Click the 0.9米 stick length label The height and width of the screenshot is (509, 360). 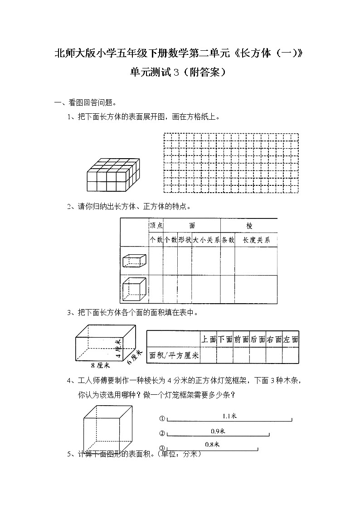pos(218,430)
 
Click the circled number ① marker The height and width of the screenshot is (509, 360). pos(162,419)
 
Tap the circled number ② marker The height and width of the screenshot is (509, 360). pos(162,433)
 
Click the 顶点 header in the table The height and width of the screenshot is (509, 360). pos(156,225)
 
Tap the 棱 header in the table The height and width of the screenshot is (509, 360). pos(249,225)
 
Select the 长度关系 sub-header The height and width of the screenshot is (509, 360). pos(256,240)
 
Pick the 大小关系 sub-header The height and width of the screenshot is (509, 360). pos(206,240)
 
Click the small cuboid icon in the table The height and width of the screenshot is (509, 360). pos(135,260)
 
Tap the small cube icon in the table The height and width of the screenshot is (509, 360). pos(135,289)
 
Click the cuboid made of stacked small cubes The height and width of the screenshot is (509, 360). pos(112,175)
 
